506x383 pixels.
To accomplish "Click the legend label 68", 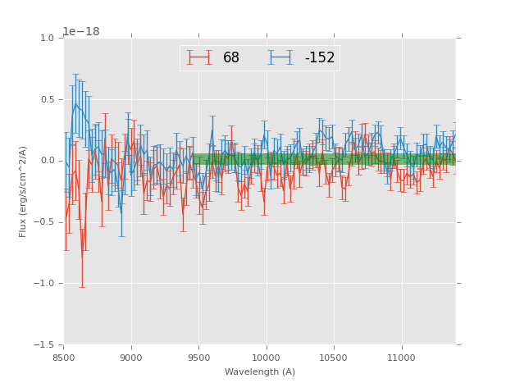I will [231, 58].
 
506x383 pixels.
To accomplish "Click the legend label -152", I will [320, 58].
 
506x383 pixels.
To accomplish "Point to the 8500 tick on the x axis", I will [64, 358].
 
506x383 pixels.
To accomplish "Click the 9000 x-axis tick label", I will [131, 358].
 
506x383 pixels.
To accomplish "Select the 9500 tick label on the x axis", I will [198, 358].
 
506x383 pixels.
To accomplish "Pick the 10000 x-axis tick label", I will [266, 358].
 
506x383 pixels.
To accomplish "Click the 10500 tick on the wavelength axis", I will [333, 358].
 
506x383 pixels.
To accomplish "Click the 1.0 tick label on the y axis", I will [47, 39].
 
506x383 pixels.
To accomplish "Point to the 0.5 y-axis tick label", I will [47, 100].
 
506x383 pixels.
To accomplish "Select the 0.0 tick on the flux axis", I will [47, 161].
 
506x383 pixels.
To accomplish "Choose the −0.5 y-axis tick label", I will [44, 222].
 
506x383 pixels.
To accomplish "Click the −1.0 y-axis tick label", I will [44, 284].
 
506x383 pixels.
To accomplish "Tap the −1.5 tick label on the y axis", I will [44, 345].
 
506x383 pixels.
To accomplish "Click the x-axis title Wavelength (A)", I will [260, 372].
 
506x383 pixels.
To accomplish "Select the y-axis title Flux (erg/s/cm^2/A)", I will [24, 191].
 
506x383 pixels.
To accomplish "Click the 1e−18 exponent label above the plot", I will [81, 32].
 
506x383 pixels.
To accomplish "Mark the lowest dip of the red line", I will [81, 258].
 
